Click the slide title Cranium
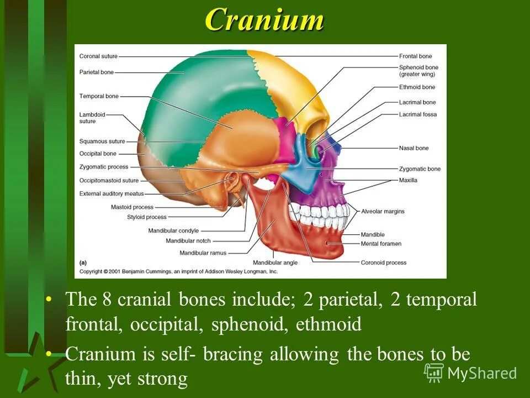point(264,20)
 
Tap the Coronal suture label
point(98,56)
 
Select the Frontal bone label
point(415,56)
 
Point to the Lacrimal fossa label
point(417,114)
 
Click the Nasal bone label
point(414,148)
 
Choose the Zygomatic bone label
point(420,169)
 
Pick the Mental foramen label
point(381,243)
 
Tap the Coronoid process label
point(383,263)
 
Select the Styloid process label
point(146,217)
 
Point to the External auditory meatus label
point(111,193)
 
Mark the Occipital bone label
point(98,154)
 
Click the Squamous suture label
point(102,141)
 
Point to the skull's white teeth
point(320,213)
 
